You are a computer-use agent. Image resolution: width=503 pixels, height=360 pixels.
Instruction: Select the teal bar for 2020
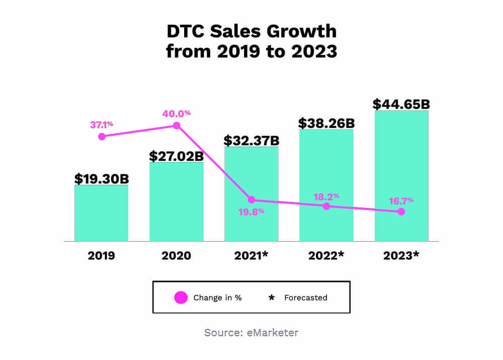click(177, 201)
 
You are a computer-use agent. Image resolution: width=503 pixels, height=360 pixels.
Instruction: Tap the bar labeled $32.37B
click(251, 171)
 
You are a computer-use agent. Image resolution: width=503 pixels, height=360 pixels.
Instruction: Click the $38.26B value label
click(326, 123)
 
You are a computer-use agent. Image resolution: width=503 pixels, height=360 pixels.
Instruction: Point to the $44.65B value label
click(401, 104)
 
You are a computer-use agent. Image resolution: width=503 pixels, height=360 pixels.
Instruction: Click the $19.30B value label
click(102, 179)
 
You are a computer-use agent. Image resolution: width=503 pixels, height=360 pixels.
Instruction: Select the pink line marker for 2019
click(102, 136)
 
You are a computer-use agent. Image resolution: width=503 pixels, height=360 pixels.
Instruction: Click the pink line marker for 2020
click(177, 125)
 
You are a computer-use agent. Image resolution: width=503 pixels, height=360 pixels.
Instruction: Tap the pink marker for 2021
click(251, 200)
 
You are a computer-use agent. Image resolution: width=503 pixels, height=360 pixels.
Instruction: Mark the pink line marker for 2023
click(401, 211)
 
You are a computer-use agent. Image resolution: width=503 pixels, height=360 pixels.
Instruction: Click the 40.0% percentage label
click(177, 114)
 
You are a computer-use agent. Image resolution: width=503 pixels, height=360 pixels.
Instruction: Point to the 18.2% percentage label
click(327, 196)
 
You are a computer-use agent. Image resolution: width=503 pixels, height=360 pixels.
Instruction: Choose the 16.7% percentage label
click(401, 200)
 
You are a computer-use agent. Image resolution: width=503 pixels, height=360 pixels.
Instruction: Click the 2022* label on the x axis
click(326, 256)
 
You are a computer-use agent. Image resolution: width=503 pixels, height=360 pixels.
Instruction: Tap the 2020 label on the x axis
click(177, 256)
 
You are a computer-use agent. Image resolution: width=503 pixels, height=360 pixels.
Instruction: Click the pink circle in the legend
click(181, 298)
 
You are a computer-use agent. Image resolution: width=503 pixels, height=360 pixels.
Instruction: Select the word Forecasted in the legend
click(306, 298)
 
